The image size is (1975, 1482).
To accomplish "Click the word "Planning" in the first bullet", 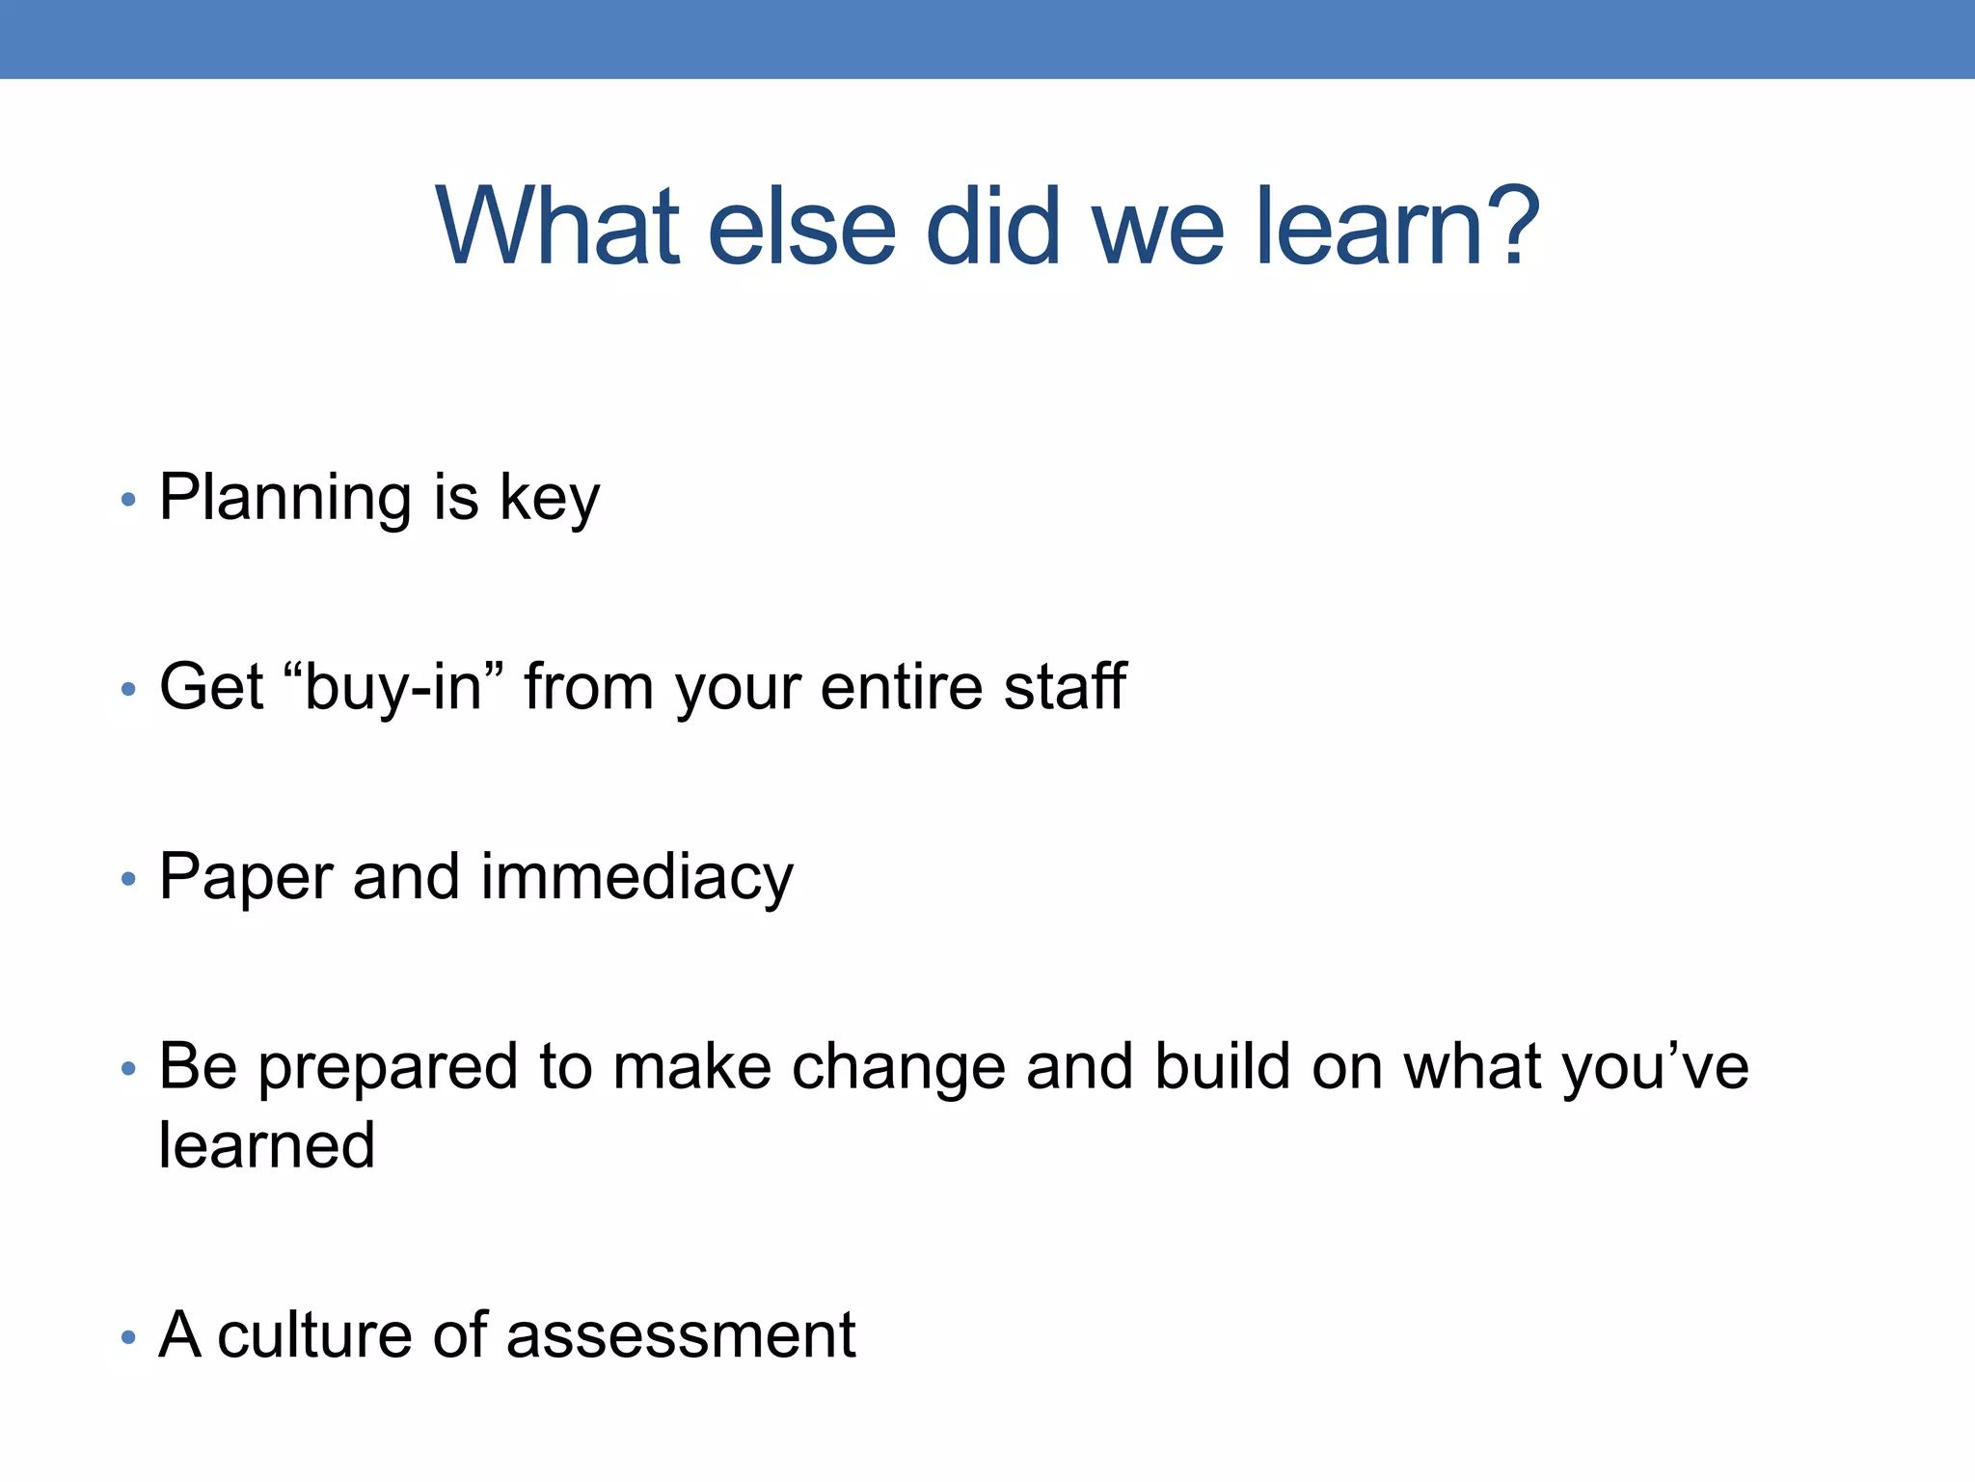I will pyautogui.click(x=285, y=499).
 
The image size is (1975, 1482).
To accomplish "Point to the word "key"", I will pyautogui.click(x=550, y=499).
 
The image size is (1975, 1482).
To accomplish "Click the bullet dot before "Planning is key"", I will pyautogui.click(x=128, y=501).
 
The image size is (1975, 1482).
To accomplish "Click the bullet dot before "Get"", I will pyautogui.click(x=128, y=690).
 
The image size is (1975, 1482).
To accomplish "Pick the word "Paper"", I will pyautogui.click(x=246, y=878).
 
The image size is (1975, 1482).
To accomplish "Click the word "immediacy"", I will pyautogui.click(x=636, y=878).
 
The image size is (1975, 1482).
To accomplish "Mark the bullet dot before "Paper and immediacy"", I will pyautogui.click(x=128, y=880).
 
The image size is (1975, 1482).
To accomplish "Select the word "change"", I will pyautogui.click(x=898, y=1068).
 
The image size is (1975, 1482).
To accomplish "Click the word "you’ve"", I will pyautogui.click(x=1655, y=1068).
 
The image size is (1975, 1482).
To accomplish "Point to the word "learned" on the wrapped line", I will pyautogui.click(x=267, y=1145).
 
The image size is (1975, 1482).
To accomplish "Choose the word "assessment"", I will pyautogui.click(x=681, y=1335).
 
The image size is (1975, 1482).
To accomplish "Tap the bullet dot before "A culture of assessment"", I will pyautogui.click(x=128, y=1338).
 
